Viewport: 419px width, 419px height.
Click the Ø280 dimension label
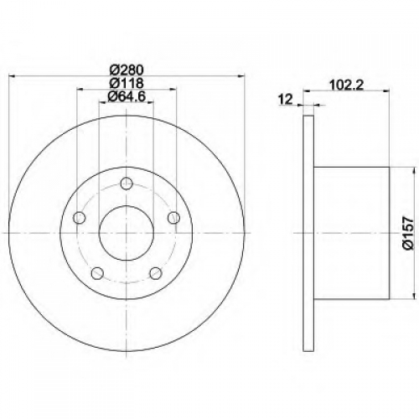[x=127, y=70]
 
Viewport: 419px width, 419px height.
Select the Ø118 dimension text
[x=127, y=83]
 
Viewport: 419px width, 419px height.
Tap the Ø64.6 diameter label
[x=127, y=96]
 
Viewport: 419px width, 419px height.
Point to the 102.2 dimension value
[x=347, y=85]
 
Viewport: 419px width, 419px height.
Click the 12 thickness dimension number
[x=286, y=99]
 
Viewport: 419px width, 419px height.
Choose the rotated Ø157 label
[x=407, y=233]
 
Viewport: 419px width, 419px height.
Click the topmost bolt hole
[x=127, y=184]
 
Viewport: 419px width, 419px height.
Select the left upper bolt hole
[x=79, y=218]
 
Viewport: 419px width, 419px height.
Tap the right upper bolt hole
[x=173, y=218]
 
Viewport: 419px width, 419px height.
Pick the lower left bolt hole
[x=97, y=273]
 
